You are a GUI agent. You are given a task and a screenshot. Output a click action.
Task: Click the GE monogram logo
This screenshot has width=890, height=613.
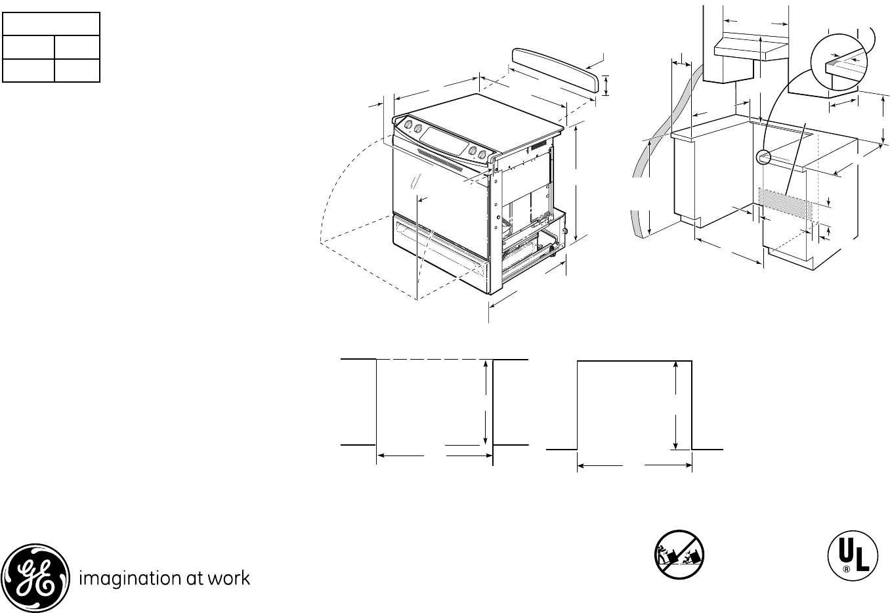click(35, 578)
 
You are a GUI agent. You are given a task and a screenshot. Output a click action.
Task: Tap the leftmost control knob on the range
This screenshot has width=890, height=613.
click(408, 124)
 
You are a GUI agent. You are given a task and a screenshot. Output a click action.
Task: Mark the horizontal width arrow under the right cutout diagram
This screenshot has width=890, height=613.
click(634, 466)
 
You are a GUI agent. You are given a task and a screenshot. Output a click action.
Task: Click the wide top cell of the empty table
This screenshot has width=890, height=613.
click(51, 24)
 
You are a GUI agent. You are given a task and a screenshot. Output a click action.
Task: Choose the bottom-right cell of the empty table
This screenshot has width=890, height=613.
click(76, 70)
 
